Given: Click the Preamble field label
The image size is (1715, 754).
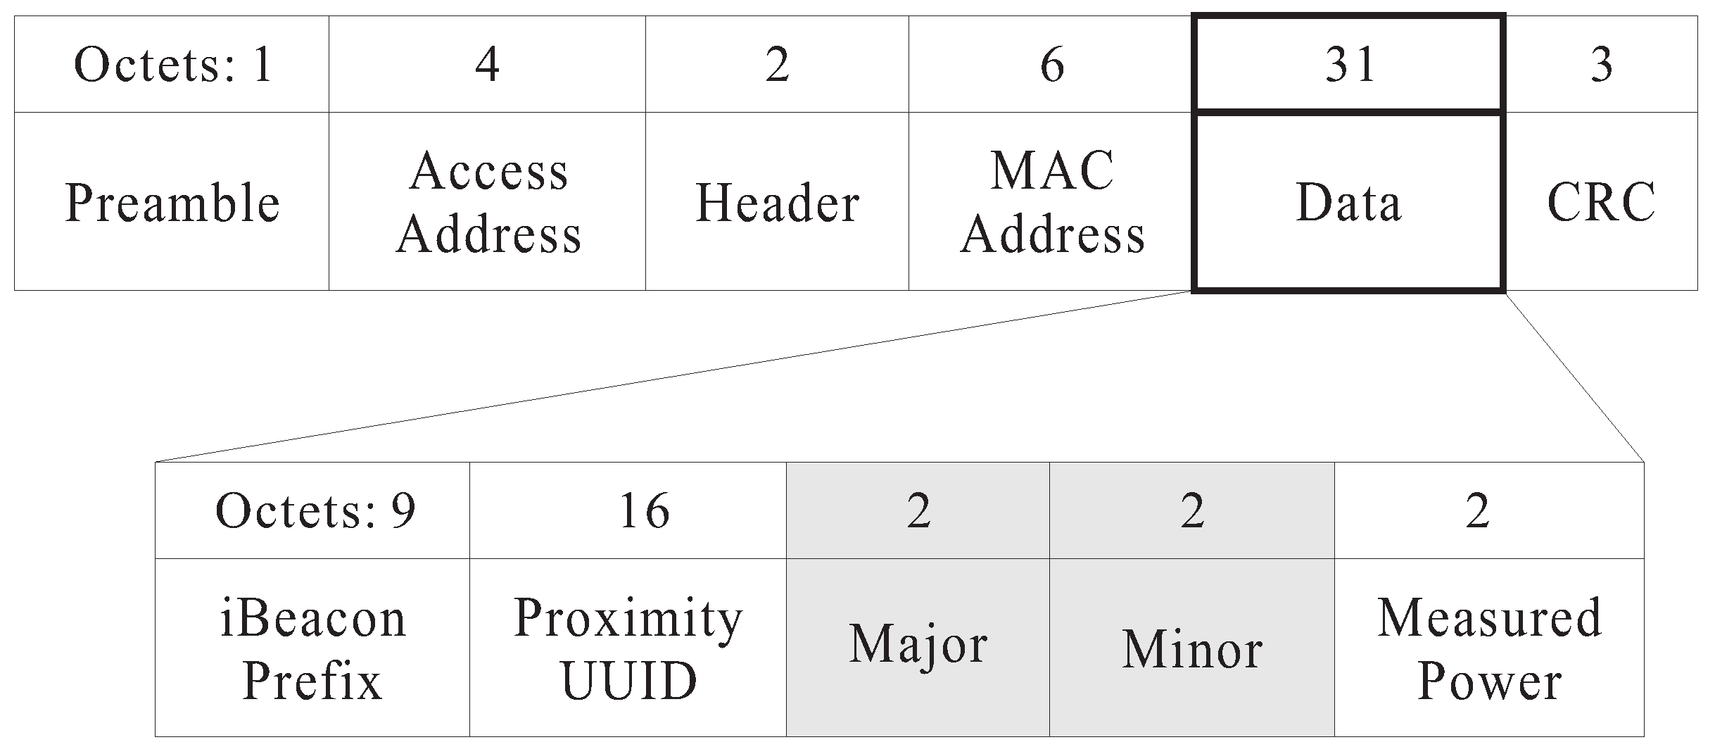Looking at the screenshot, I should pyautogui.click(x=172, y=203).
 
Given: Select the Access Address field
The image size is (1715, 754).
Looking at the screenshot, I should pyautogui.click(x=488, y=203).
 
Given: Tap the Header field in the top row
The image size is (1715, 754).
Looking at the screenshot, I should pyautogui.click(x=777, y=203).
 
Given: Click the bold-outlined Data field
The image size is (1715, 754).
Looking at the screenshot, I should pyautogui.click(x=1348, y=203).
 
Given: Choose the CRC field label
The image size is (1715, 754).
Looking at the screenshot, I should pyautogui.click(x=1601, y=203).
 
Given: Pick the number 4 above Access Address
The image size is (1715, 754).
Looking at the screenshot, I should pyautogui.click(x=487, y=65).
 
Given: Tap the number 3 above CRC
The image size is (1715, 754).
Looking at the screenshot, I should pyautogui.click(x=1601, y=65).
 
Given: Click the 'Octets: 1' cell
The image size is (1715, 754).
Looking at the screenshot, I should pyautogui.click(x=172, y=65).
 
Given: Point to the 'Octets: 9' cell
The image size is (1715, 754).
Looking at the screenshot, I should pyautogui.click(x=315, y=510).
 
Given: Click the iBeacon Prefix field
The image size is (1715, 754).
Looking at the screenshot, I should pyautogui.click(x=312, y=649).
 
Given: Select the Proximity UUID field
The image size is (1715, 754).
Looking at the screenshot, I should pyautogui.click(x=628, y=649).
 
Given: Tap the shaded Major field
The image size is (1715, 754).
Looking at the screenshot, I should pyautogui.click(x=918, y=645).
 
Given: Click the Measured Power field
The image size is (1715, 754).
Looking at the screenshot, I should pyautogui.click(x=1489, y=649).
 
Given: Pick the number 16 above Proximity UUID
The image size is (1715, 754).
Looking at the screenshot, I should pyautogui.click(x=643, y=510).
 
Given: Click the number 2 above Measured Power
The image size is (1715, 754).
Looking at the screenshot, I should pyautogui.click(x=1477, y=510).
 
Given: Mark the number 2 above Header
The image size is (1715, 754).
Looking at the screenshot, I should pyautogui.click(x=777, y=65).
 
